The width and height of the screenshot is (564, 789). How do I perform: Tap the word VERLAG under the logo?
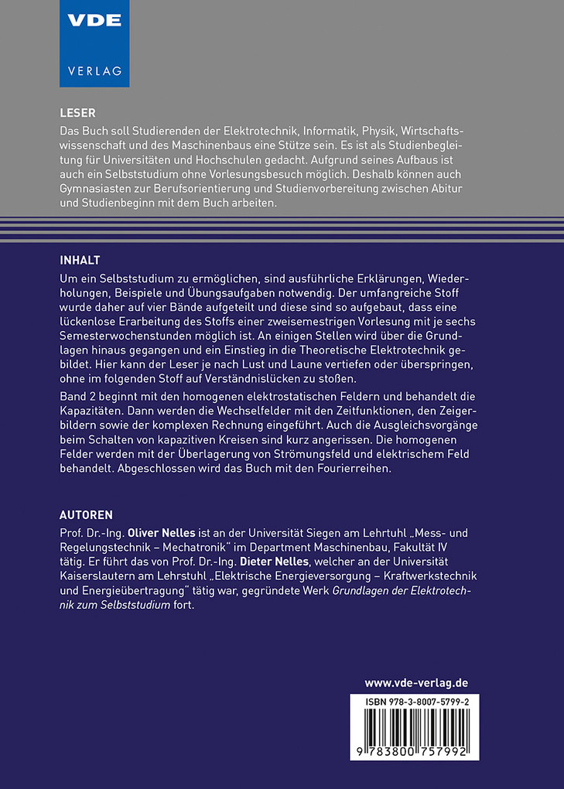coord(94,71)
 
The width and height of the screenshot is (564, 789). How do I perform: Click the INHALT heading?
coord(80,258)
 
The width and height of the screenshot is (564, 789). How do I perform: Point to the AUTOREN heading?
coord(87,514)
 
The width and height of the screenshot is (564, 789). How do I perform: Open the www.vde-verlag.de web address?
coord(416,683)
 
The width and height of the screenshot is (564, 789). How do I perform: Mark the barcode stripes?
coord(415,729)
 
